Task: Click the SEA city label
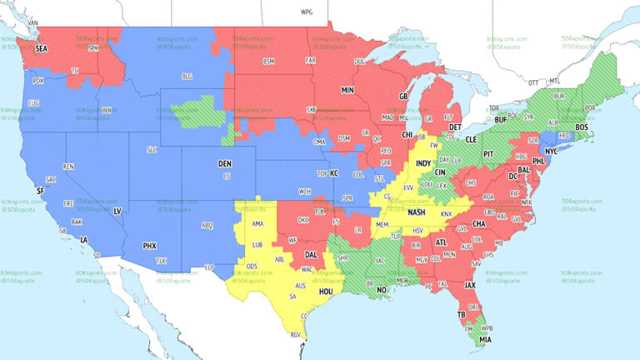click(42, 49)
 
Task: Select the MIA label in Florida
click(485, 338)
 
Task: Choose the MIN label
click(347, 89)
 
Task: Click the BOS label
click(582, 127)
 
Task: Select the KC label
click(334, 173)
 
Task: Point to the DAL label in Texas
click(311, 255)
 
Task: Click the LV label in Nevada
click(117, 212)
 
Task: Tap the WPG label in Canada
click(306, 12)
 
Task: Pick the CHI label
click(407, 134)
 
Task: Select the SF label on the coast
click(40, 191)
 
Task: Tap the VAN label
click(34, 22)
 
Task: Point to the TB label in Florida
click(461, 315)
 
